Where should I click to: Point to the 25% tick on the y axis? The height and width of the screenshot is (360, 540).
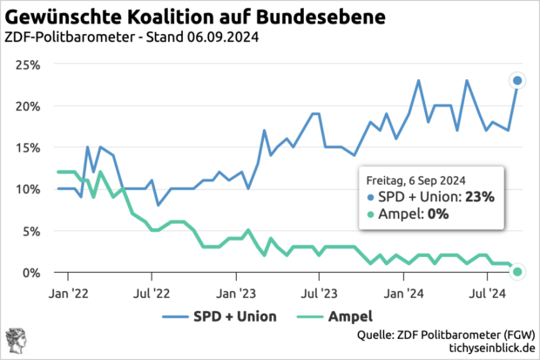coord(27,65)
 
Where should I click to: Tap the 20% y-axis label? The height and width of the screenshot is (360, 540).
coord(27,106)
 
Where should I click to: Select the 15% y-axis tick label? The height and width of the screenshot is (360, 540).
coord(27,147)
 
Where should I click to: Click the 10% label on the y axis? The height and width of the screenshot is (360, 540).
coord(27,189)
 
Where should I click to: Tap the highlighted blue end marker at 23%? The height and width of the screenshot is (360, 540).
coord(517,81)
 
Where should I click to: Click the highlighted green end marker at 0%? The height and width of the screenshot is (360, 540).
coord(517,272)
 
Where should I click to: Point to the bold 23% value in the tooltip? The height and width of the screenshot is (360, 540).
coord(479,197)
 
